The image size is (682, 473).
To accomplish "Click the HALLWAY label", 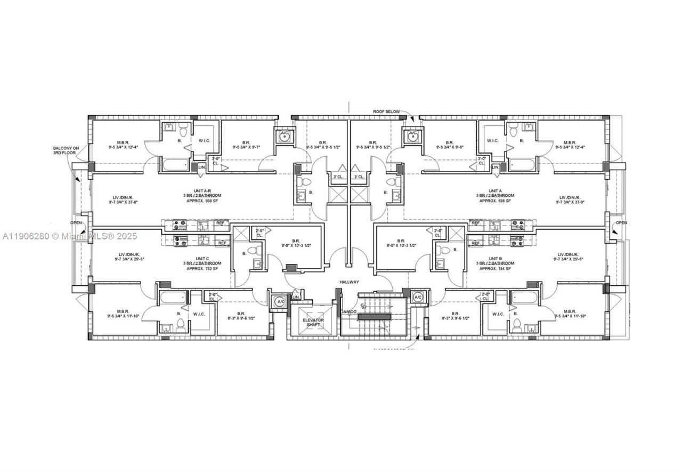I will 349,282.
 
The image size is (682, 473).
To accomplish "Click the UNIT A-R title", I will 202,190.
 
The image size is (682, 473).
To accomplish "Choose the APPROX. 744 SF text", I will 496,269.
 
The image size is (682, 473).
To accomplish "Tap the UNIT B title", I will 496,258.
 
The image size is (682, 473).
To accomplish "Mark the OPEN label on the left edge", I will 77,222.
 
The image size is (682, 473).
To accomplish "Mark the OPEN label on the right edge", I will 621,222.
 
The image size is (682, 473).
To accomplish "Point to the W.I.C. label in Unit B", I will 498,314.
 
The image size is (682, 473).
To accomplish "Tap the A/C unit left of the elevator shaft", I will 280,302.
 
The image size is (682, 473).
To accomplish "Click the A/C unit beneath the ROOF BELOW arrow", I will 413,135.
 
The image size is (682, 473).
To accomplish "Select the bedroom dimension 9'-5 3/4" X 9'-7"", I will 246,147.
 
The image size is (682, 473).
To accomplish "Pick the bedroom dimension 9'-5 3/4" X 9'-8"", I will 451,147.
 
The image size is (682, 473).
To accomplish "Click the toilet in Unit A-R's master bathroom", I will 183,130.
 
